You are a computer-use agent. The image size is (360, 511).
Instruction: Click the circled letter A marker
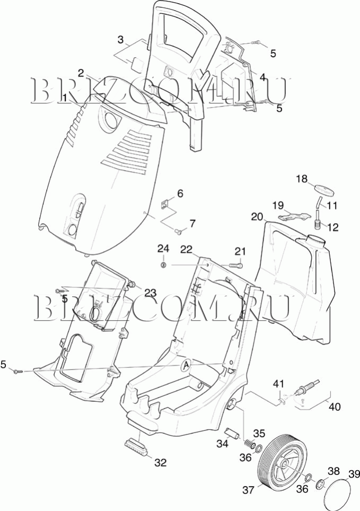186,366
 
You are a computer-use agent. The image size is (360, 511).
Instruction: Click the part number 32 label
161,462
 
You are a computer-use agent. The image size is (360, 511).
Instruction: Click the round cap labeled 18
324,190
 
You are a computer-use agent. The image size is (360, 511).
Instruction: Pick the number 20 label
257,217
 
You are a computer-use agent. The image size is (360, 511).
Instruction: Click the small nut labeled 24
164,265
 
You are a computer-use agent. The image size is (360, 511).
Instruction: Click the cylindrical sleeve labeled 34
233,434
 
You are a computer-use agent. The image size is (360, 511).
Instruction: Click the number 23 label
151,293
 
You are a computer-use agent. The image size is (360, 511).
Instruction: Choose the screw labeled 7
178,231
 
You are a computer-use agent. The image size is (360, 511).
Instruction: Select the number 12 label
332,227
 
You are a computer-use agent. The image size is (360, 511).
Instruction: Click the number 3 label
121,40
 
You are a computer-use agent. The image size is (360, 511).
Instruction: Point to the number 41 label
278,383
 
